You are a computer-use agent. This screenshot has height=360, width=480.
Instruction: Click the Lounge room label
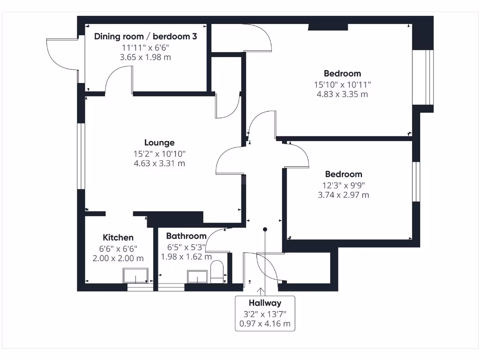tap(159, 142)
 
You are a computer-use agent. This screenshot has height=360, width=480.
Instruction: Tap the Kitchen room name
tap(118, 238)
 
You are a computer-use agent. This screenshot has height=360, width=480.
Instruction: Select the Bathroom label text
tap(186, 236)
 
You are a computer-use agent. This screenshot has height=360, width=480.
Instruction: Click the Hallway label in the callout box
tap(265, 303)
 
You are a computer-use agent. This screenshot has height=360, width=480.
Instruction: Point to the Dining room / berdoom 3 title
tap(145, 36)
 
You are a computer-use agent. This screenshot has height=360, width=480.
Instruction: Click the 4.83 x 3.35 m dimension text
tap(342, 94)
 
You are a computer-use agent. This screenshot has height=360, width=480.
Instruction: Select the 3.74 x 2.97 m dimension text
tap(344, 195)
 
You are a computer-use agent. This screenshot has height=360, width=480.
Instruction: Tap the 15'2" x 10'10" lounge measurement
tap(159, 153)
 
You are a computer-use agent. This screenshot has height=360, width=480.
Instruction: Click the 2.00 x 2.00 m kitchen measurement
tap(118, 258)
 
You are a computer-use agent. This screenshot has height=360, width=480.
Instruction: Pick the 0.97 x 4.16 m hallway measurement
tap(265, 323)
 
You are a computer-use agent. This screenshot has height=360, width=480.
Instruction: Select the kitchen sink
tap(135, 276)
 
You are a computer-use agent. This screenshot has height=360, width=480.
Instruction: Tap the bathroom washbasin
tap(197, 277)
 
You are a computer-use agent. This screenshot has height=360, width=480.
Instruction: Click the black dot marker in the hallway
tap(265, 230)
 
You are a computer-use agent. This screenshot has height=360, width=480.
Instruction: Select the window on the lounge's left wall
tap(81, 156)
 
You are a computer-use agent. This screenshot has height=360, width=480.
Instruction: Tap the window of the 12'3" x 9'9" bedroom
tap(415, 181)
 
